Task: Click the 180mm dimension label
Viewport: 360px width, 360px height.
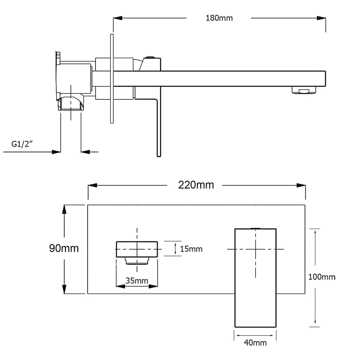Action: click(x=219, y=18)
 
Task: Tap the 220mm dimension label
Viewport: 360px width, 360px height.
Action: click(x=196, y=185)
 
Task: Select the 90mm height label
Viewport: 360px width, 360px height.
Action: click(x=64, y=248)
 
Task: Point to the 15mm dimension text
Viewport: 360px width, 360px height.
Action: click(x=191, y=249)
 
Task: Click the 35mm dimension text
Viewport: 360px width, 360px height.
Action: click(x=137, y=280)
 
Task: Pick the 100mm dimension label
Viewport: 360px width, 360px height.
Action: click(x=322, y=277)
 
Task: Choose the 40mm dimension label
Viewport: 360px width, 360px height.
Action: click(x=255, y=342)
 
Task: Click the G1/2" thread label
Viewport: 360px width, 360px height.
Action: click(x=22, y=145)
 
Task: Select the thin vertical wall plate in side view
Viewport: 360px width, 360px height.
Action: click(x=111, y=79)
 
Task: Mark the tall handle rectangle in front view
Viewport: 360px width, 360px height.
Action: click(x=255, y=277)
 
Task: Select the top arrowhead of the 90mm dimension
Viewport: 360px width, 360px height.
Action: click(x=65, y=208)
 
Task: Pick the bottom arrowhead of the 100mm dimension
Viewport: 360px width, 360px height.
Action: click(x=315, y=323)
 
